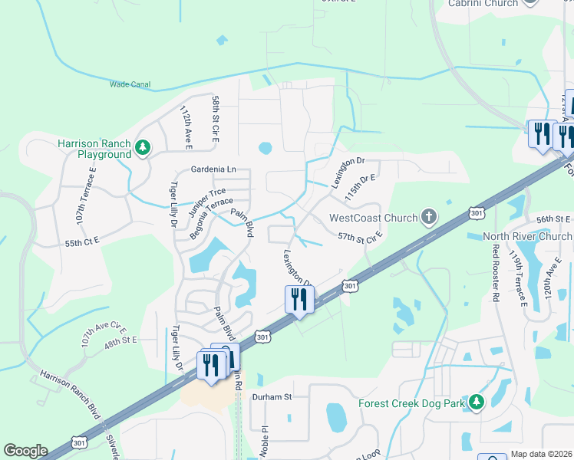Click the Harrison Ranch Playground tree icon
click(143, 147)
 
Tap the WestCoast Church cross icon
click(429, 218)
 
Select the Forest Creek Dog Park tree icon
click(477, 402)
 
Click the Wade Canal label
click(130, 84)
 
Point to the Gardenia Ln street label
click(213, 169)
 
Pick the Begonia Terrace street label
click(211, 217)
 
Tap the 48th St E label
click(120, 339)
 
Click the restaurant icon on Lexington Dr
click(298, 300)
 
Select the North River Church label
click(528, 236)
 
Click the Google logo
click(25, 451)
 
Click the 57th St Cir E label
click(360, 238)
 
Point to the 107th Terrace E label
click(86, 195)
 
